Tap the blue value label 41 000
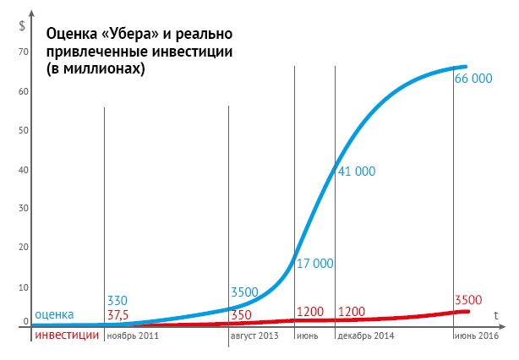356,172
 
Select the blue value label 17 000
314,264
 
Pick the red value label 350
242,314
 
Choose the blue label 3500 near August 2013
245,293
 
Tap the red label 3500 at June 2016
469,300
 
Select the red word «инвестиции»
67,335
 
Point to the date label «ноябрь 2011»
132,335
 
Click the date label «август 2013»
254,335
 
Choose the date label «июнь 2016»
477,335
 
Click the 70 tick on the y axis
24,52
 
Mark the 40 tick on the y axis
24,170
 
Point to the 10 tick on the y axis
24,287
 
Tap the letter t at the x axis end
497,314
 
